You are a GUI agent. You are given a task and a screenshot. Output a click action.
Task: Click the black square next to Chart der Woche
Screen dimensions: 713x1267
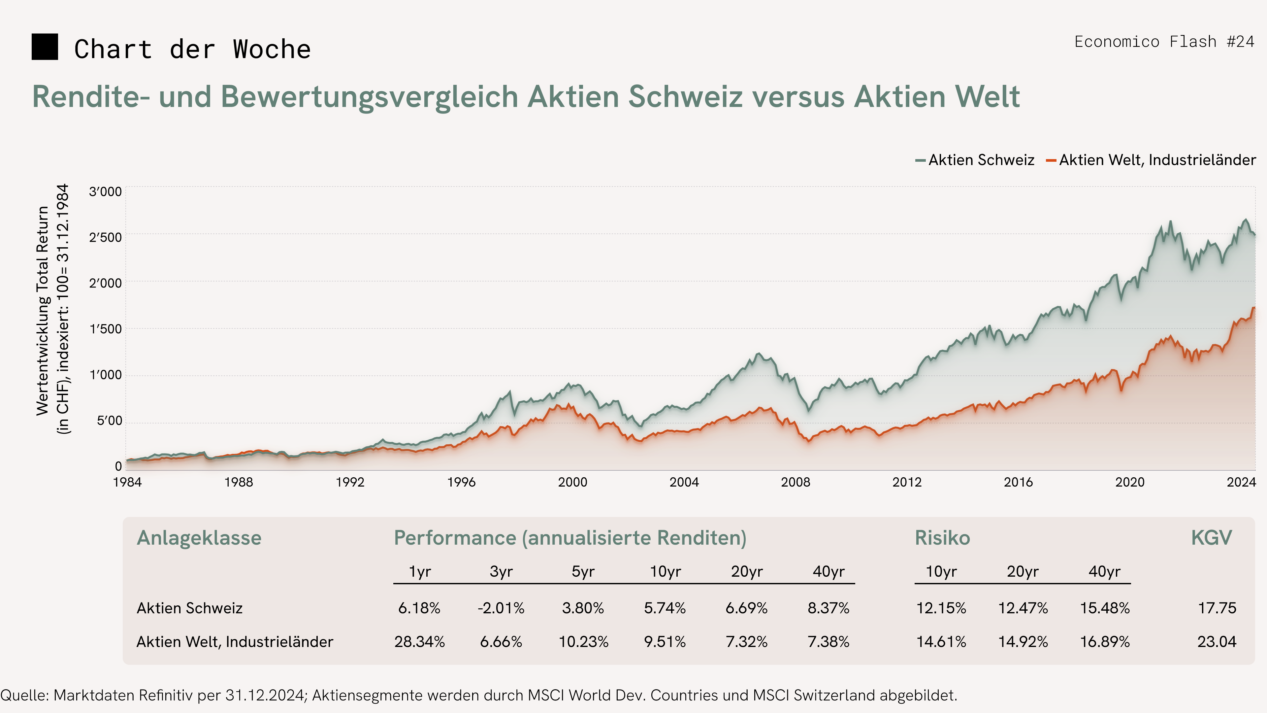click(45, 47)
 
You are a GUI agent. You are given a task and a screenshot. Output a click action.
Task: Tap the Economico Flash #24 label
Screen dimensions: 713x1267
click(1164, 42)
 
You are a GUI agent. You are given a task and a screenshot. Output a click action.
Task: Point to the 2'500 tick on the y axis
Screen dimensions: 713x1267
click(105, 238)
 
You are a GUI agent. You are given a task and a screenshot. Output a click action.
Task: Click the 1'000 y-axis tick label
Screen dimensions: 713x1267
click(105, 375)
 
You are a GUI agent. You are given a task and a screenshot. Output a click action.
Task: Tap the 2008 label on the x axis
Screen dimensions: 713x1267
click(795, 482)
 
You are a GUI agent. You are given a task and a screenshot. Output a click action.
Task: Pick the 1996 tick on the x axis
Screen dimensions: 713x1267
click(461, 482)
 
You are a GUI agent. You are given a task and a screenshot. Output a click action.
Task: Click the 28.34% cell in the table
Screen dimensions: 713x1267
click(420, 642)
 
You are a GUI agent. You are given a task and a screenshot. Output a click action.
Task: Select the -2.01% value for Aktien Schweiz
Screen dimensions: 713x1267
click(501, 608)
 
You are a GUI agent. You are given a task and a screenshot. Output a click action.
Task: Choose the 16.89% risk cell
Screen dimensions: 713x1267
click(1105, 642)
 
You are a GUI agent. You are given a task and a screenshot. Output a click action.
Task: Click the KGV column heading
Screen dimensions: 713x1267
click(1211, 538)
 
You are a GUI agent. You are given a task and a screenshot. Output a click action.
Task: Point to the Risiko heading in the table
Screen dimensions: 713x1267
click(942, 538)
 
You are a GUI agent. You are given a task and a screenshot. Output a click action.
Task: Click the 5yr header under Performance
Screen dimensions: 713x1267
click(583, 571)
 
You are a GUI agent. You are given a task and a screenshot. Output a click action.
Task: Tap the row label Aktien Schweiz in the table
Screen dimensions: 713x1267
click(189, 608)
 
